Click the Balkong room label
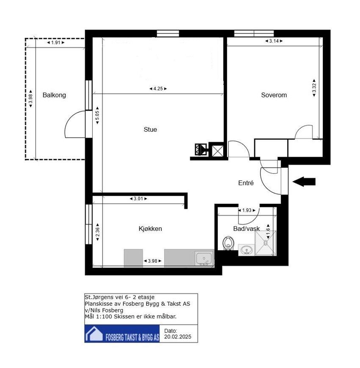coord(54,95)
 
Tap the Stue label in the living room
coord(150,130)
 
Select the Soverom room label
coord(274,95)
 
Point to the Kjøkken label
coord(150,229)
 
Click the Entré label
coord(246,183)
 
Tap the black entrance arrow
coord(304,181)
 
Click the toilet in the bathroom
coord(227,243)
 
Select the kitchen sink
coord(204,258)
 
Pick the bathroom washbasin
coord(246,250)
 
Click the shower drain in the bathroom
coord(266,243)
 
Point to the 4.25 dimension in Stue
coord(158,89)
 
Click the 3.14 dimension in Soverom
coord(274,41)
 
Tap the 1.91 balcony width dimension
coord(55,42)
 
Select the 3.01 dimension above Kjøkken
coord(138,199)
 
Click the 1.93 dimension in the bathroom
coord(246,210)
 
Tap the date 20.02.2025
coord(177,337)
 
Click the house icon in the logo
coord(94,334)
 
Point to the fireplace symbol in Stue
coord(200,149)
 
